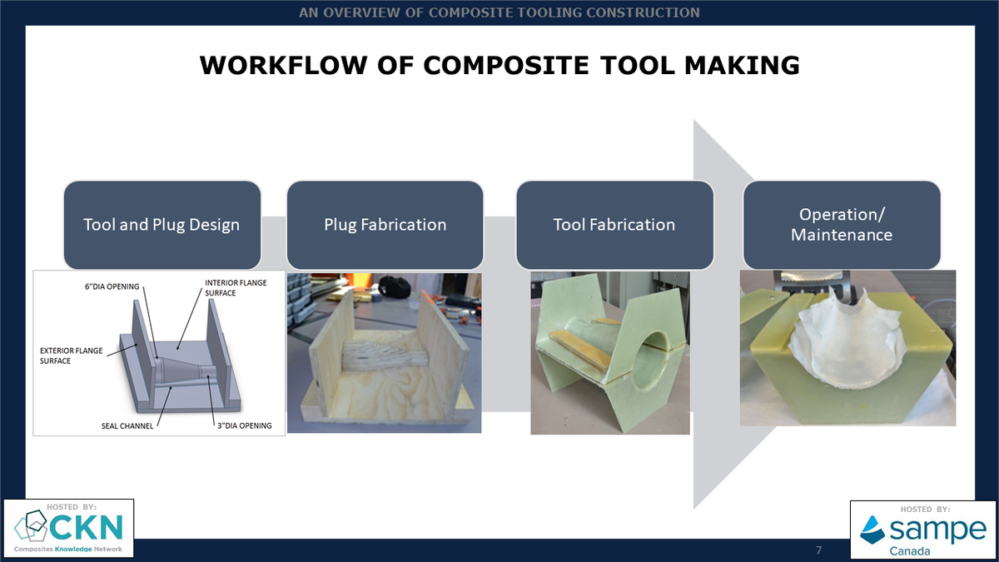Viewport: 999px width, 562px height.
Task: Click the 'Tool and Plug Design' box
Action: point(162,225)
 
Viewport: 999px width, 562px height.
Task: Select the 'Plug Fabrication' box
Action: point(385,225)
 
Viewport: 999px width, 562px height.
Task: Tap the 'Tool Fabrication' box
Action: point(614,225)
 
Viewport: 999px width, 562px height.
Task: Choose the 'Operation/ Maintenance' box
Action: point(842,225)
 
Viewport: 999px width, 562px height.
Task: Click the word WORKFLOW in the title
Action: point(284,66)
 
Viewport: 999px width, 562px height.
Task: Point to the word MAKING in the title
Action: point(742,66)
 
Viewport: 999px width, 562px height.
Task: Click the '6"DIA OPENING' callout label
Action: point(112,286)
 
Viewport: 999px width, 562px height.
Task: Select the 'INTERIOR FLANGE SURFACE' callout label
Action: point(236,288)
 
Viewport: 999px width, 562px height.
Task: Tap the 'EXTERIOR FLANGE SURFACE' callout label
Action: point(71,356)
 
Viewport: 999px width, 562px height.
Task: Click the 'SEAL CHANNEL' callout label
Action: point(127,426)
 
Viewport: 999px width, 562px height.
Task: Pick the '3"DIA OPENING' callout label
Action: point(245,425)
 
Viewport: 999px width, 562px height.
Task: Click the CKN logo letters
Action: point(86,527)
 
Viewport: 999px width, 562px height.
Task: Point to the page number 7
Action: point(818,550)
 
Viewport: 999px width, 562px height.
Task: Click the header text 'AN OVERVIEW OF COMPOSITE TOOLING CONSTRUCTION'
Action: point(499,12)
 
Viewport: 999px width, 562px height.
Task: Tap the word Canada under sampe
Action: point(910,551)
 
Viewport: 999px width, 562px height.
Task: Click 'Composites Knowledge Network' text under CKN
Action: point(67,549)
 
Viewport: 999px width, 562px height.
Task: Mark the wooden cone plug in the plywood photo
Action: point(385,356)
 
